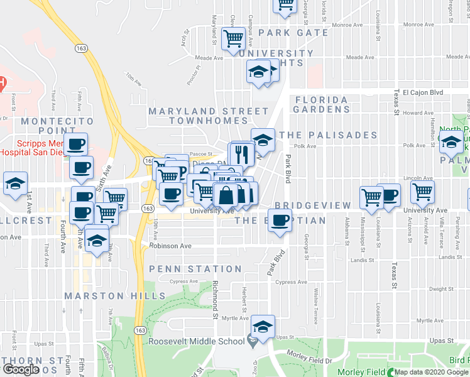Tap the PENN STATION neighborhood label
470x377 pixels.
195,269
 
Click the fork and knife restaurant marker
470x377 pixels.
243,153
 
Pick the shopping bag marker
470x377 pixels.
225,196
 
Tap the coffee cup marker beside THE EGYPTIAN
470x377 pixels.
281,220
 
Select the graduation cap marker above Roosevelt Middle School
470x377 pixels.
262,326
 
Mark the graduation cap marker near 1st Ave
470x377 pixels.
15,183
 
